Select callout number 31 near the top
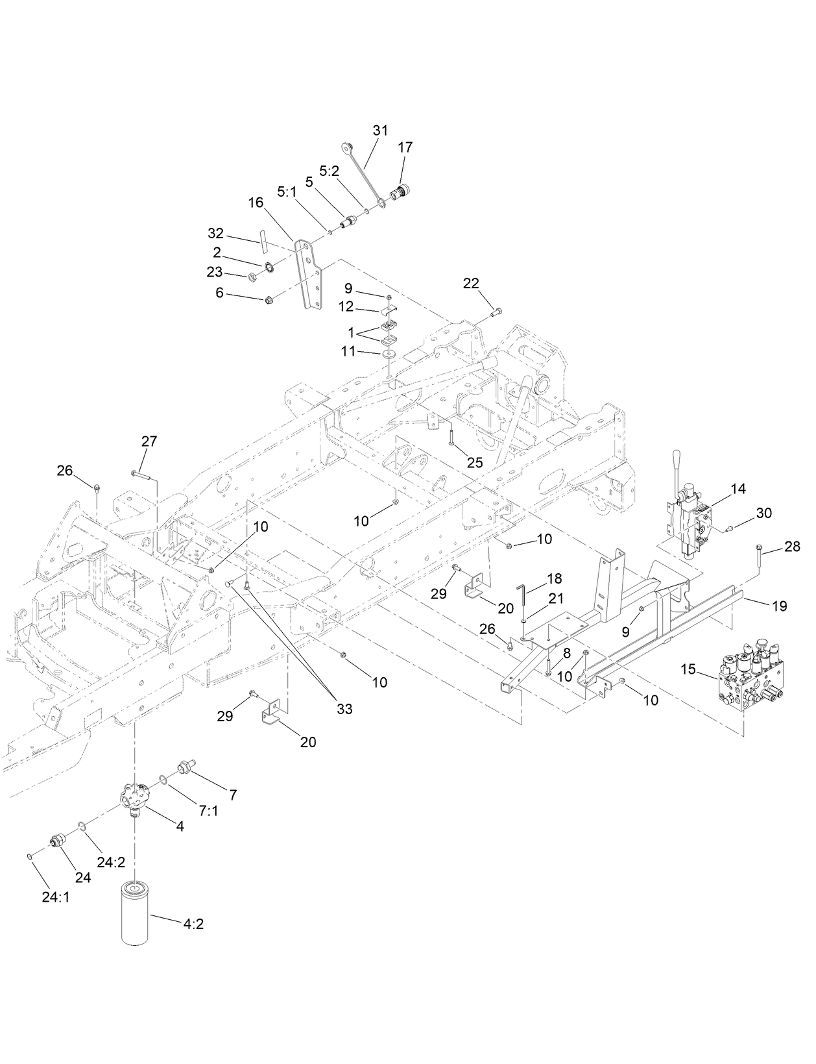380,130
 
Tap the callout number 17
405,148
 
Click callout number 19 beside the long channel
779,606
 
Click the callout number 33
344,709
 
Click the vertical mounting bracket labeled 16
305,273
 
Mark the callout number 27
149,441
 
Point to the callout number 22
471,283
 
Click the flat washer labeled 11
389,354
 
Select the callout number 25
475,462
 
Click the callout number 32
215,233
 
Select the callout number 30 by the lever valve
763,513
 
